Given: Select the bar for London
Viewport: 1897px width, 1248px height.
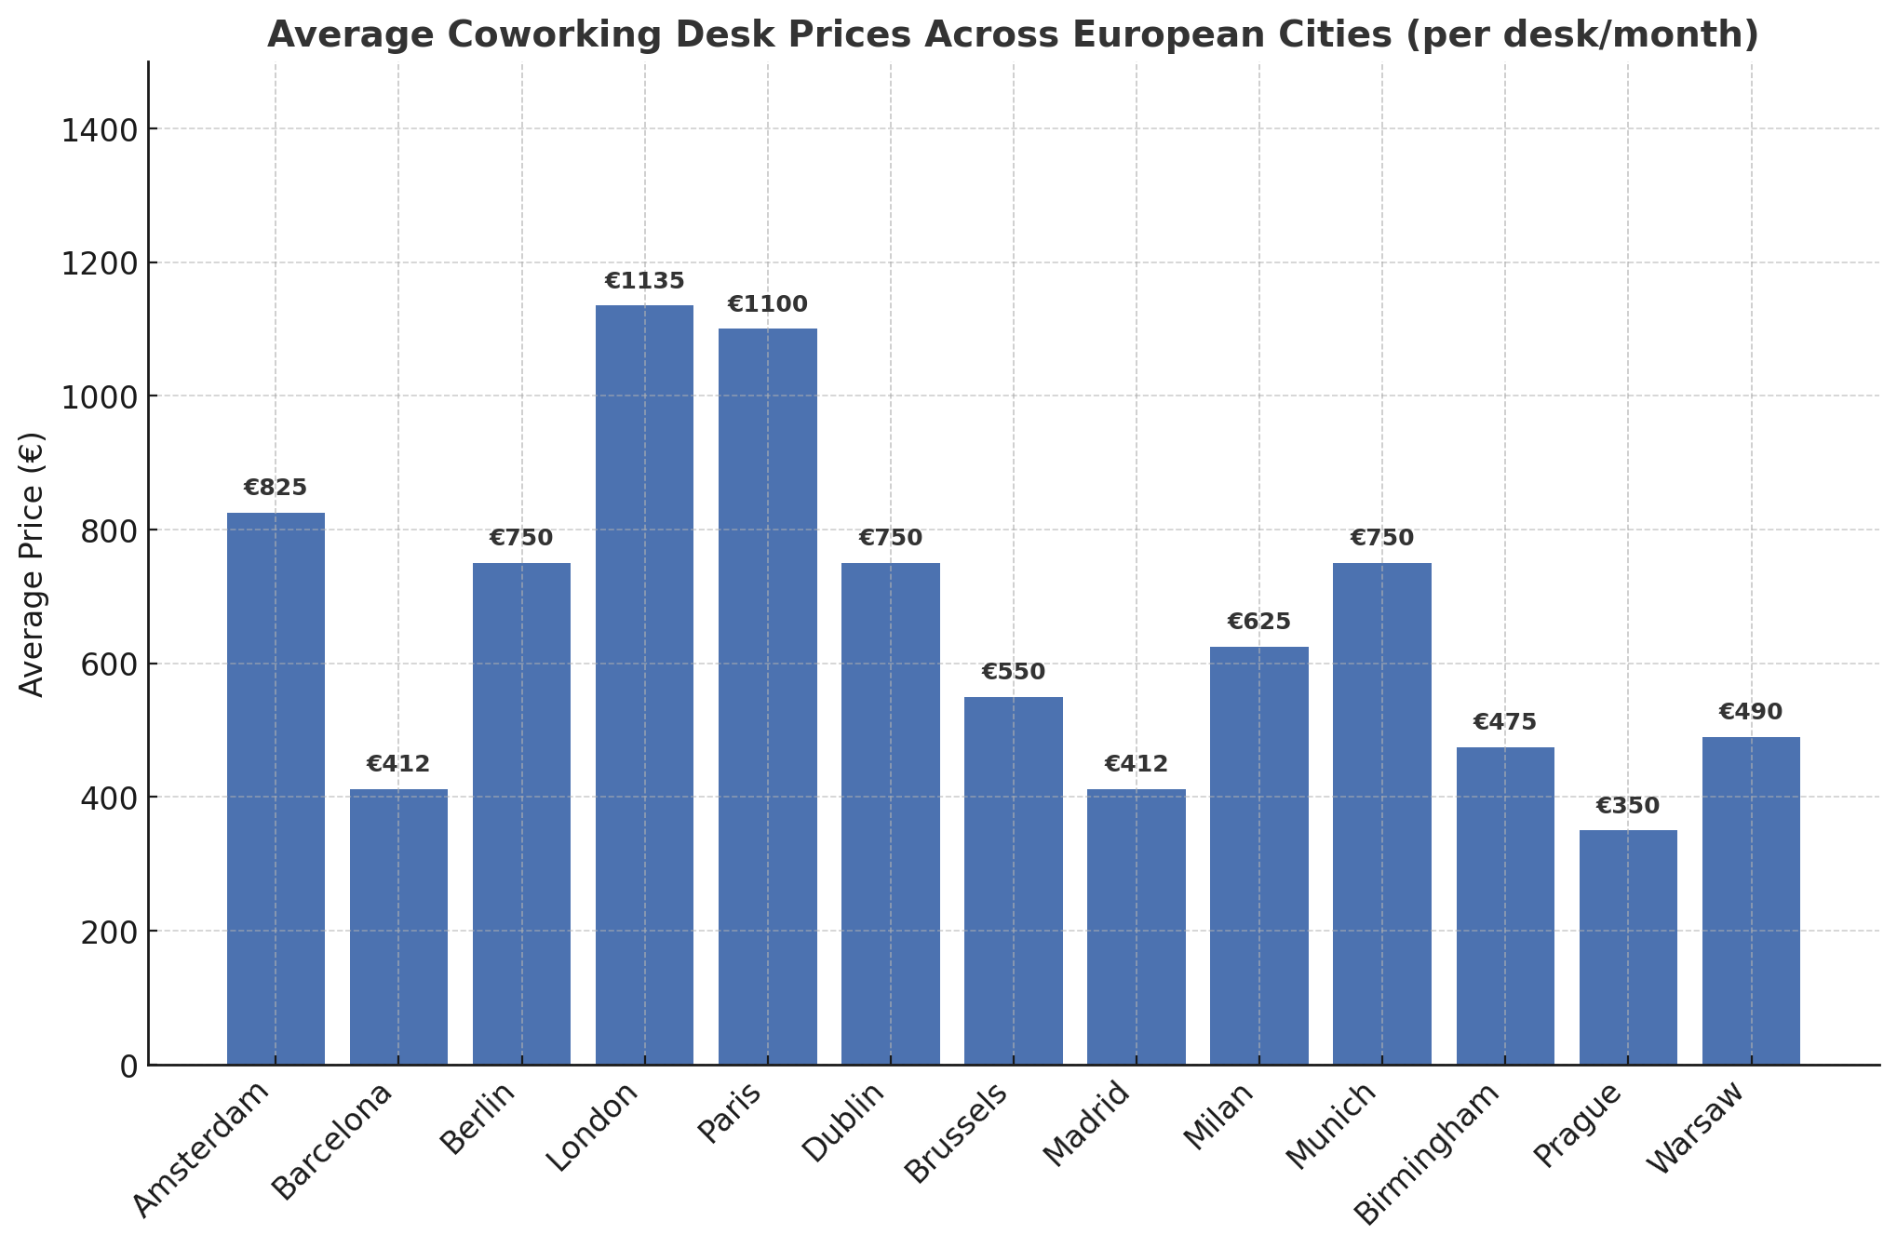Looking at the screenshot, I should [644, 684].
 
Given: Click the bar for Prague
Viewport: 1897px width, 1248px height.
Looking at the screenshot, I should [1628, 946].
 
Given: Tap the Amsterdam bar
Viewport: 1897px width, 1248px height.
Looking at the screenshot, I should [276, 788].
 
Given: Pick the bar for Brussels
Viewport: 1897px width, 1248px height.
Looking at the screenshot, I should [1013, 879].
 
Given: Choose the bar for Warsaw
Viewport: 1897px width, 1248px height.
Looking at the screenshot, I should [1751, 900].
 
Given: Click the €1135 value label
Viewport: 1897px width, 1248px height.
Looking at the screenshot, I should [644, 281].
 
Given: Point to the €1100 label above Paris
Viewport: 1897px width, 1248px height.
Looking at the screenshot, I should [767, 304].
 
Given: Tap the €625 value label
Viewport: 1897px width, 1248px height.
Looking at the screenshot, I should [1258, 622].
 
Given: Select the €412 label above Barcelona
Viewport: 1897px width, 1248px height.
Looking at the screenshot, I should [398, 764].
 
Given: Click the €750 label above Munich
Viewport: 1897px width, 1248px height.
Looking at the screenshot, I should [1381, 538].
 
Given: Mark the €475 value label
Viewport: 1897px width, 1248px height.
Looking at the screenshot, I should [1504, 722].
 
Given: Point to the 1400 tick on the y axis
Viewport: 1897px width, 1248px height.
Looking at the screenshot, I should [100, 129].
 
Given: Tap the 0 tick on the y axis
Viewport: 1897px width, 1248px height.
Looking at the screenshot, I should [128, 1066].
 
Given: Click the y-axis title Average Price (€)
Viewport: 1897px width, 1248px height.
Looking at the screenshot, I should [33, 564].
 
